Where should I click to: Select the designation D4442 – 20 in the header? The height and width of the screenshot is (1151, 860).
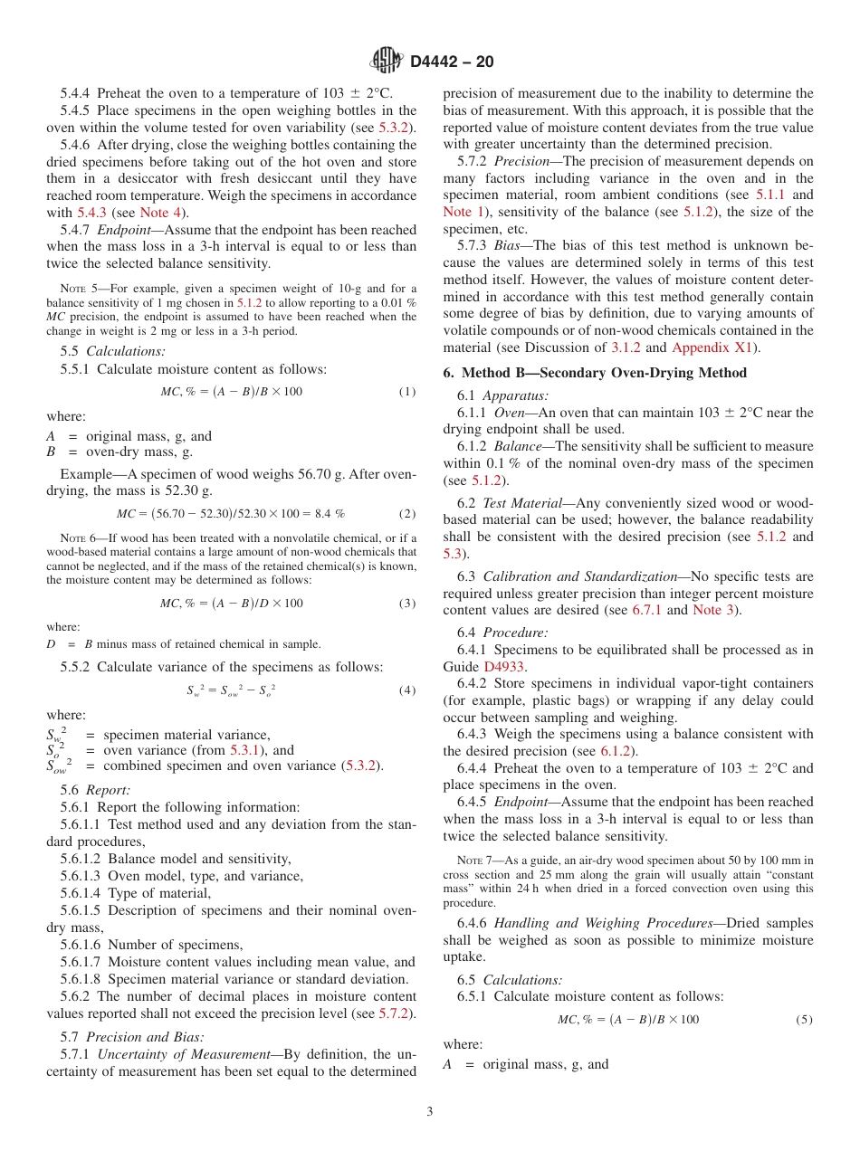452,62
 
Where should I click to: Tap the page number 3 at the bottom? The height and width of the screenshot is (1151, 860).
430,1111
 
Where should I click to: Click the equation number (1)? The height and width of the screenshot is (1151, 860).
407,391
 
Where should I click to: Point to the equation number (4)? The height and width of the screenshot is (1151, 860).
407,690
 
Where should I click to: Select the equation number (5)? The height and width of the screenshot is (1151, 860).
804,1020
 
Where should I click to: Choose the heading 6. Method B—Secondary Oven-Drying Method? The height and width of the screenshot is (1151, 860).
595,373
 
